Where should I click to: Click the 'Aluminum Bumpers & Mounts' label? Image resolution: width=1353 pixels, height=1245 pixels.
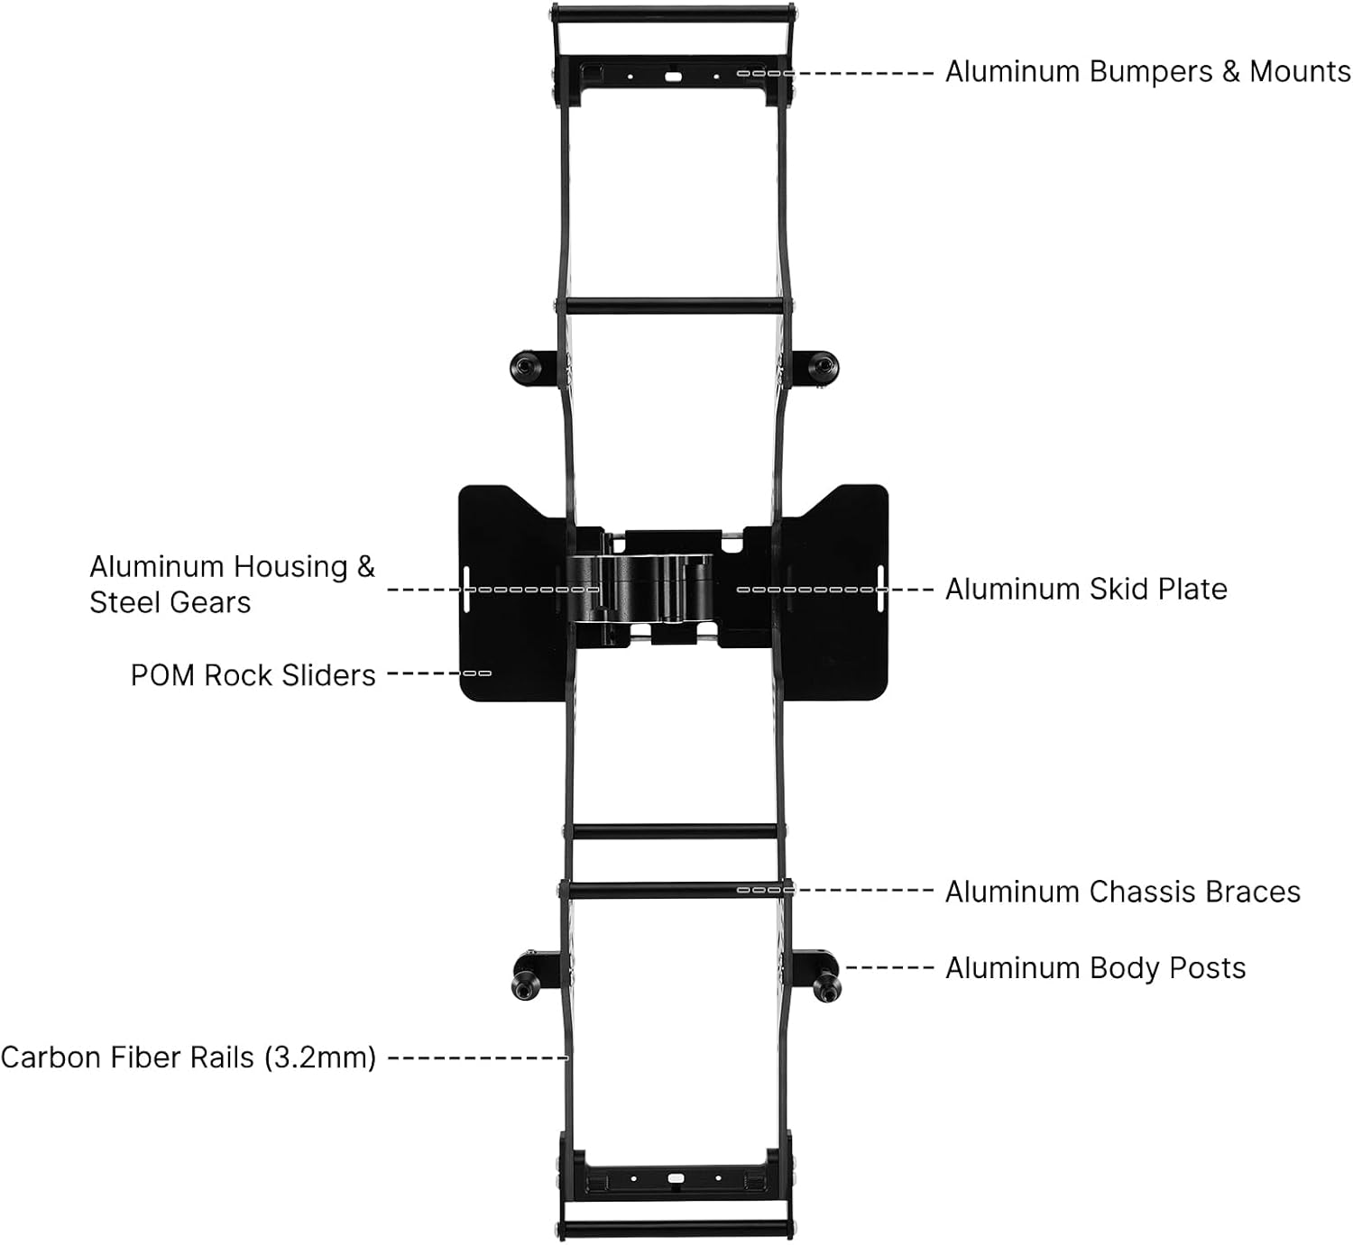[x=1148, y=71]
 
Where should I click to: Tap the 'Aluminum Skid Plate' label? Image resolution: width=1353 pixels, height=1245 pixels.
[x=1086, y=589]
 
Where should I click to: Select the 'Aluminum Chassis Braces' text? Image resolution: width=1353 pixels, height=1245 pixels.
[x=1122, y=891]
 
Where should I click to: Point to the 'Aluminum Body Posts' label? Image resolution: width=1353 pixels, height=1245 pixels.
[x=1095, y=968]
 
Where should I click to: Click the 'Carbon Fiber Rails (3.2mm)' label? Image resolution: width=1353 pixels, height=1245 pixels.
[x=189, y=1057]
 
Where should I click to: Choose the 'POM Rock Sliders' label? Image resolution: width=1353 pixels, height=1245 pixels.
[x=253, y=675]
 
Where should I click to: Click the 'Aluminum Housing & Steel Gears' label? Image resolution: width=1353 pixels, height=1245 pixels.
[x=232, y=584]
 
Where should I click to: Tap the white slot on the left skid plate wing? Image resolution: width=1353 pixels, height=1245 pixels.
[x=466, y=590]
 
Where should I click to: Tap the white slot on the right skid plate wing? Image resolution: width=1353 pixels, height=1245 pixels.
[x=880, y=589]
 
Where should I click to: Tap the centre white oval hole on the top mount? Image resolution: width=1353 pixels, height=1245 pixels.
[x=673, y=77]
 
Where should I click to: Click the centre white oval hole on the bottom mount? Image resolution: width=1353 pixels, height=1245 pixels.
[x=676, y=1178]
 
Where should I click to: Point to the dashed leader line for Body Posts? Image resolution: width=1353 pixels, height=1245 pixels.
[x=889, y=968]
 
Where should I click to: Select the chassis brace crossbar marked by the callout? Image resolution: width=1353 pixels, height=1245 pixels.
[x=675, y=890]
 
